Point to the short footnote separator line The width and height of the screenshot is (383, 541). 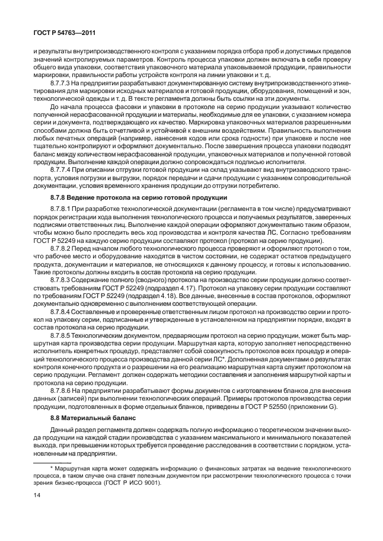click(52, 461)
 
